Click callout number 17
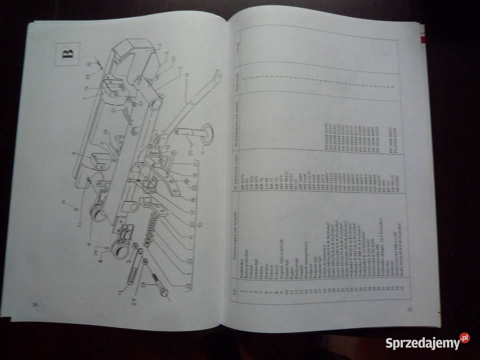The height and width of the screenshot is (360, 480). point(192,211)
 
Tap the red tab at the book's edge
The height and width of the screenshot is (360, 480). point(423,40)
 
